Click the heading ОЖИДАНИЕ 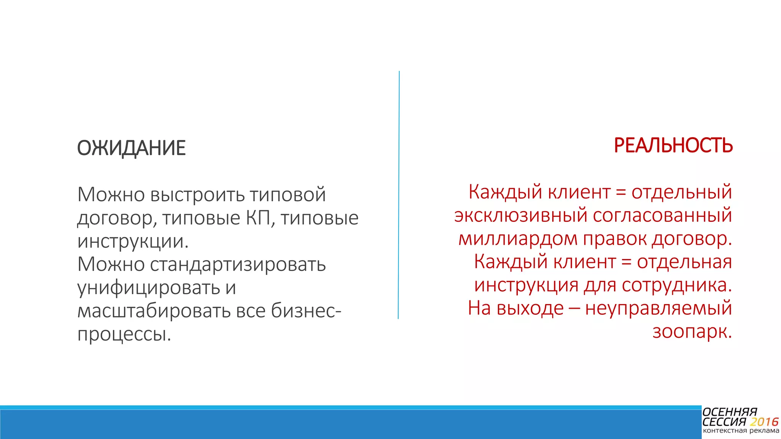[x=131, y=148]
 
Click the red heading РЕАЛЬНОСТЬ [x=673, y=146]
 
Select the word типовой [x=288, y=195]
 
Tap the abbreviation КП [x=258, y=218]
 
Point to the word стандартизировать [x=238, y=264]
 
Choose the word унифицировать [x=148, y=288]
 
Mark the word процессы [x=124, y=334]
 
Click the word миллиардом [x=517, y=239]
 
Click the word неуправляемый [x=658, y=308]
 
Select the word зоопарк [x=692, y=332]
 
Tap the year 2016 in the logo [x=764, y=422]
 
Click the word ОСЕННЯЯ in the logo [x=730, y=412]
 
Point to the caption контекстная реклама [x=741, y=431]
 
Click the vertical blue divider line [x=399, y=194]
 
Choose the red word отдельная [x=684, y=262]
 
